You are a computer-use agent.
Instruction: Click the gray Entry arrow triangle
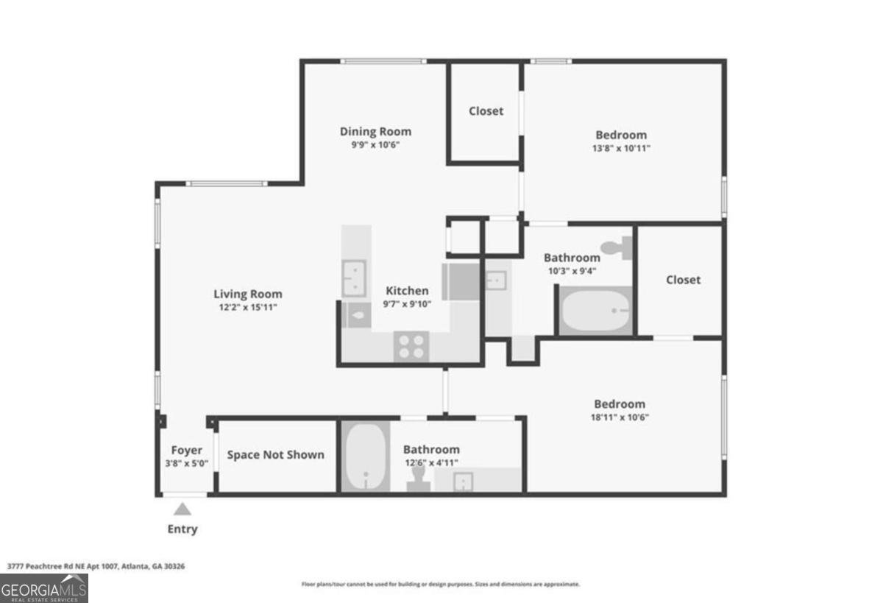(182, 509)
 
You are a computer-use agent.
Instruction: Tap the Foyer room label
(186, 450)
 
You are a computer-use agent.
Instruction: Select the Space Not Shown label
(275, 454)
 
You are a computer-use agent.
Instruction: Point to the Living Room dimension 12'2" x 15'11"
(247, 308)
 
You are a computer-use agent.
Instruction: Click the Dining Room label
(375, 132)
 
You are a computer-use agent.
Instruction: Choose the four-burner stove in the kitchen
(412, 345)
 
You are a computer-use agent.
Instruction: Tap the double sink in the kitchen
(355, 278)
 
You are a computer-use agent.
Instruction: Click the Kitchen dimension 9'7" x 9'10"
(406, 304)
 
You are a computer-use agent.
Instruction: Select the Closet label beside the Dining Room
(486, 111)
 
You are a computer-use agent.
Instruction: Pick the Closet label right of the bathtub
(683, 280)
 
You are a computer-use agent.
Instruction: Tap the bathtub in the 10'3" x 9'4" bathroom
(595, 312)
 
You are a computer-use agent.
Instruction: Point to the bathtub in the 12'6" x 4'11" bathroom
(365, 456)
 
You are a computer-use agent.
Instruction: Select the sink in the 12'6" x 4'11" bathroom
(463, 482)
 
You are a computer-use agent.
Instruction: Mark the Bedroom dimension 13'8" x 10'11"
(621, 148)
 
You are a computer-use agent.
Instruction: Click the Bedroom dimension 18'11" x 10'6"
(620, 417)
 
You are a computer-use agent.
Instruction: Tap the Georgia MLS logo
(44, 588)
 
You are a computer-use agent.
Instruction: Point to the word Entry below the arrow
(182, 529)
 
